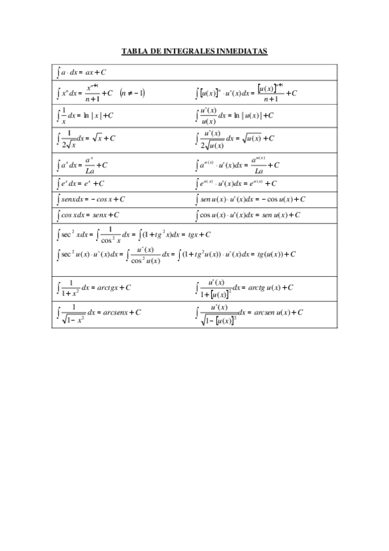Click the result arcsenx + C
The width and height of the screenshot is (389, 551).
[x=122, y=313]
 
